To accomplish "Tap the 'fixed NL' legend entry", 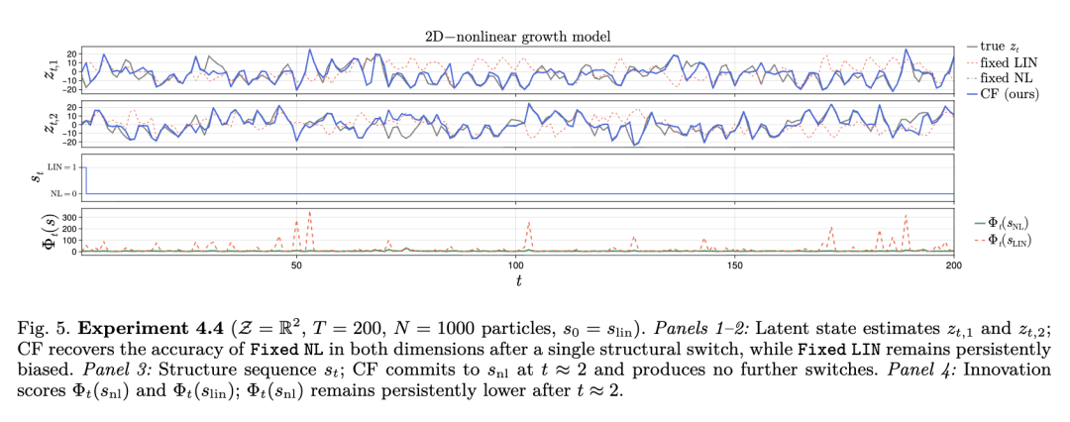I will [x=998, y=78].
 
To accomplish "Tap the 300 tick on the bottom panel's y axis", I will [x=67, y=216].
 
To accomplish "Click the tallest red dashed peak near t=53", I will [x=310, y=213].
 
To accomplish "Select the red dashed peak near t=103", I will [x=529, y=221].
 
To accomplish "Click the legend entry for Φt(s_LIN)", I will [x=1003, y=241].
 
